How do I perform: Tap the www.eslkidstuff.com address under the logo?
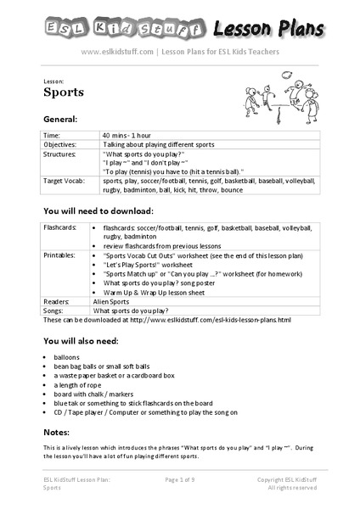[x=117, y=51]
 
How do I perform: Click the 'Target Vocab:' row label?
[x=65, y=181]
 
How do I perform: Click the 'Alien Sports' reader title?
[x=119, y=301]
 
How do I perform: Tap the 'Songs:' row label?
[x=55, y=310]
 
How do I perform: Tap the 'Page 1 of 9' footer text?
[x=179, y=480]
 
